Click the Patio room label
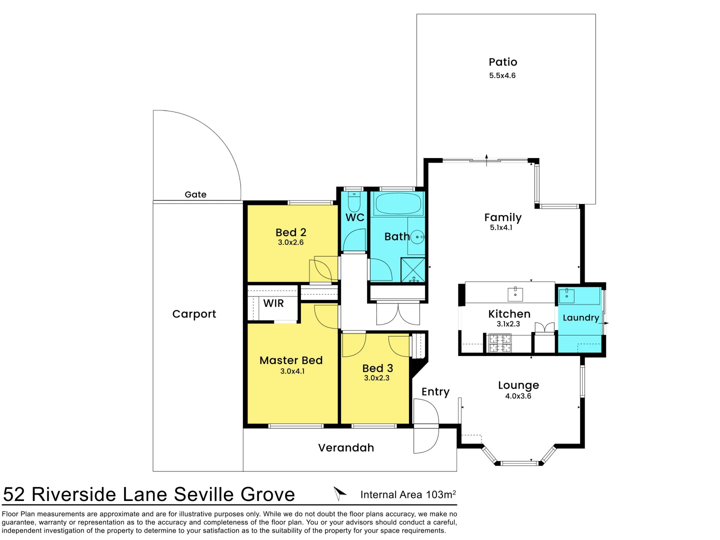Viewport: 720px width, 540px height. [502, 62]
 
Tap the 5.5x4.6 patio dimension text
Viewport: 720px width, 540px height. [502, 75]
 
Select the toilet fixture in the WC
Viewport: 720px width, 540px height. [354, 202]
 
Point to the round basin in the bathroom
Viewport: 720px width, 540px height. [417, 237]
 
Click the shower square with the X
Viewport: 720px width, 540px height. [413, 270]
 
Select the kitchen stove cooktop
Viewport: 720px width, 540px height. [499, 343]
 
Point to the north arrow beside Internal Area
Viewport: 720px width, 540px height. [339, 493]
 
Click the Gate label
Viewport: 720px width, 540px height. [195, 194]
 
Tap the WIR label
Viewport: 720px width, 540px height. [273, 303]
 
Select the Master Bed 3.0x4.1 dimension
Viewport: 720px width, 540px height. [292, 371]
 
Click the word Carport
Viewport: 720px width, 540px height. [194, 314]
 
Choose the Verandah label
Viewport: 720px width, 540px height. [346, 448]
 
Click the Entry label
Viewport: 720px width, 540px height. [435, 392]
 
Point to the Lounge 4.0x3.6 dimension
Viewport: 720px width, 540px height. [518, 396]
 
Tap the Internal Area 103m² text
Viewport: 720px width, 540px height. [408, 495]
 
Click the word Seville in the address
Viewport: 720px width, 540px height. [204, 494]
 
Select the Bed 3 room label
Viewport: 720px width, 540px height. [377, 368]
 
